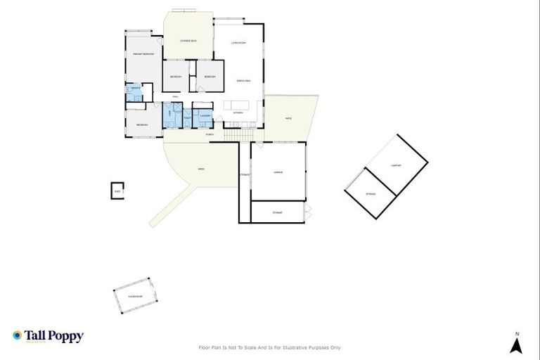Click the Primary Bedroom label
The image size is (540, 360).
point(143,54)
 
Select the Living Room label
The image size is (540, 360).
point(238,44)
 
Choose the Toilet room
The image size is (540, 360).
point(187,117)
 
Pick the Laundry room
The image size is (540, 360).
point(205,116)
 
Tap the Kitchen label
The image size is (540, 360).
point(238,112)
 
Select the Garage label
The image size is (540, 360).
point(278,172)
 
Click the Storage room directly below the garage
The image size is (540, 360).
point(278,212)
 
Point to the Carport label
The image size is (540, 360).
point(395,165)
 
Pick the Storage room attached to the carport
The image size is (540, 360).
point(371,193)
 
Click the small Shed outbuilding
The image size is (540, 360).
point(117,191)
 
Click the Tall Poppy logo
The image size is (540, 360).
point(48,336)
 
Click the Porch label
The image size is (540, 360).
point(210,134)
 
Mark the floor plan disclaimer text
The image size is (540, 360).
point(270,347)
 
